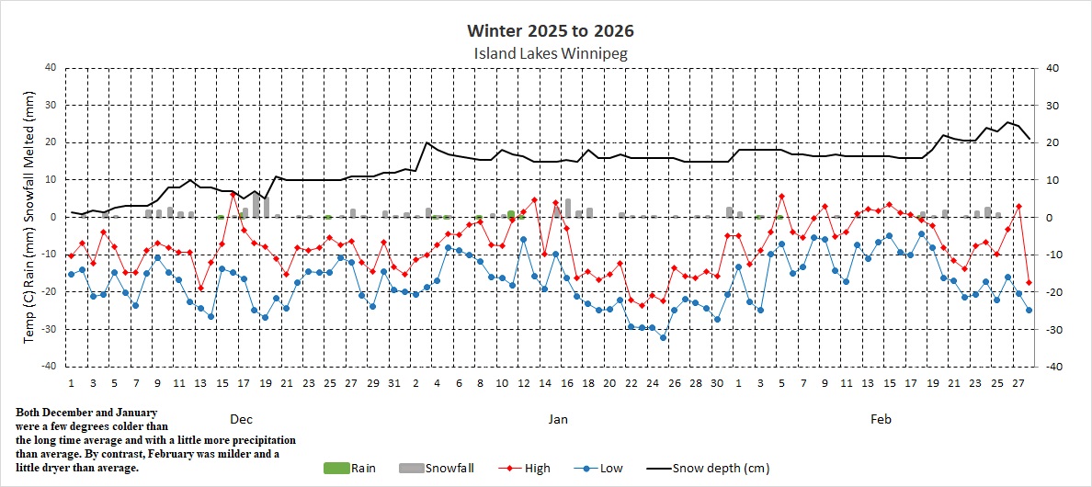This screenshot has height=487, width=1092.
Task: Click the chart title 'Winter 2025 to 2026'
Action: (x=550, y=31)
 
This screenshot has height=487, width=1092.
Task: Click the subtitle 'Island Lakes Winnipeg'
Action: (x=550, y=53)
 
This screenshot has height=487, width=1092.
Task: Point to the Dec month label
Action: (x=241, y=419)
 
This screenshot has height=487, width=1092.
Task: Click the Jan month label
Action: (x=558, y=419)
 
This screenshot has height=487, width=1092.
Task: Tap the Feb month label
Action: (x=881, y=419)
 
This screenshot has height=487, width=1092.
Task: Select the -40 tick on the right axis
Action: (x=1046, y=367)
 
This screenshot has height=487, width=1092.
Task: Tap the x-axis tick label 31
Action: (x=394, y=382)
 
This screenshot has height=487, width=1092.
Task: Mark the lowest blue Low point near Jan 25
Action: (x=664, y=337)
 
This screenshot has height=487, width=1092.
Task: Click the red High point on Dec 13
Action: (x=200, y=289)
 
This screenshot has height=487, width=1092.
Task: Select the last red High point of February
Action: (x=1029, y=282)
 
